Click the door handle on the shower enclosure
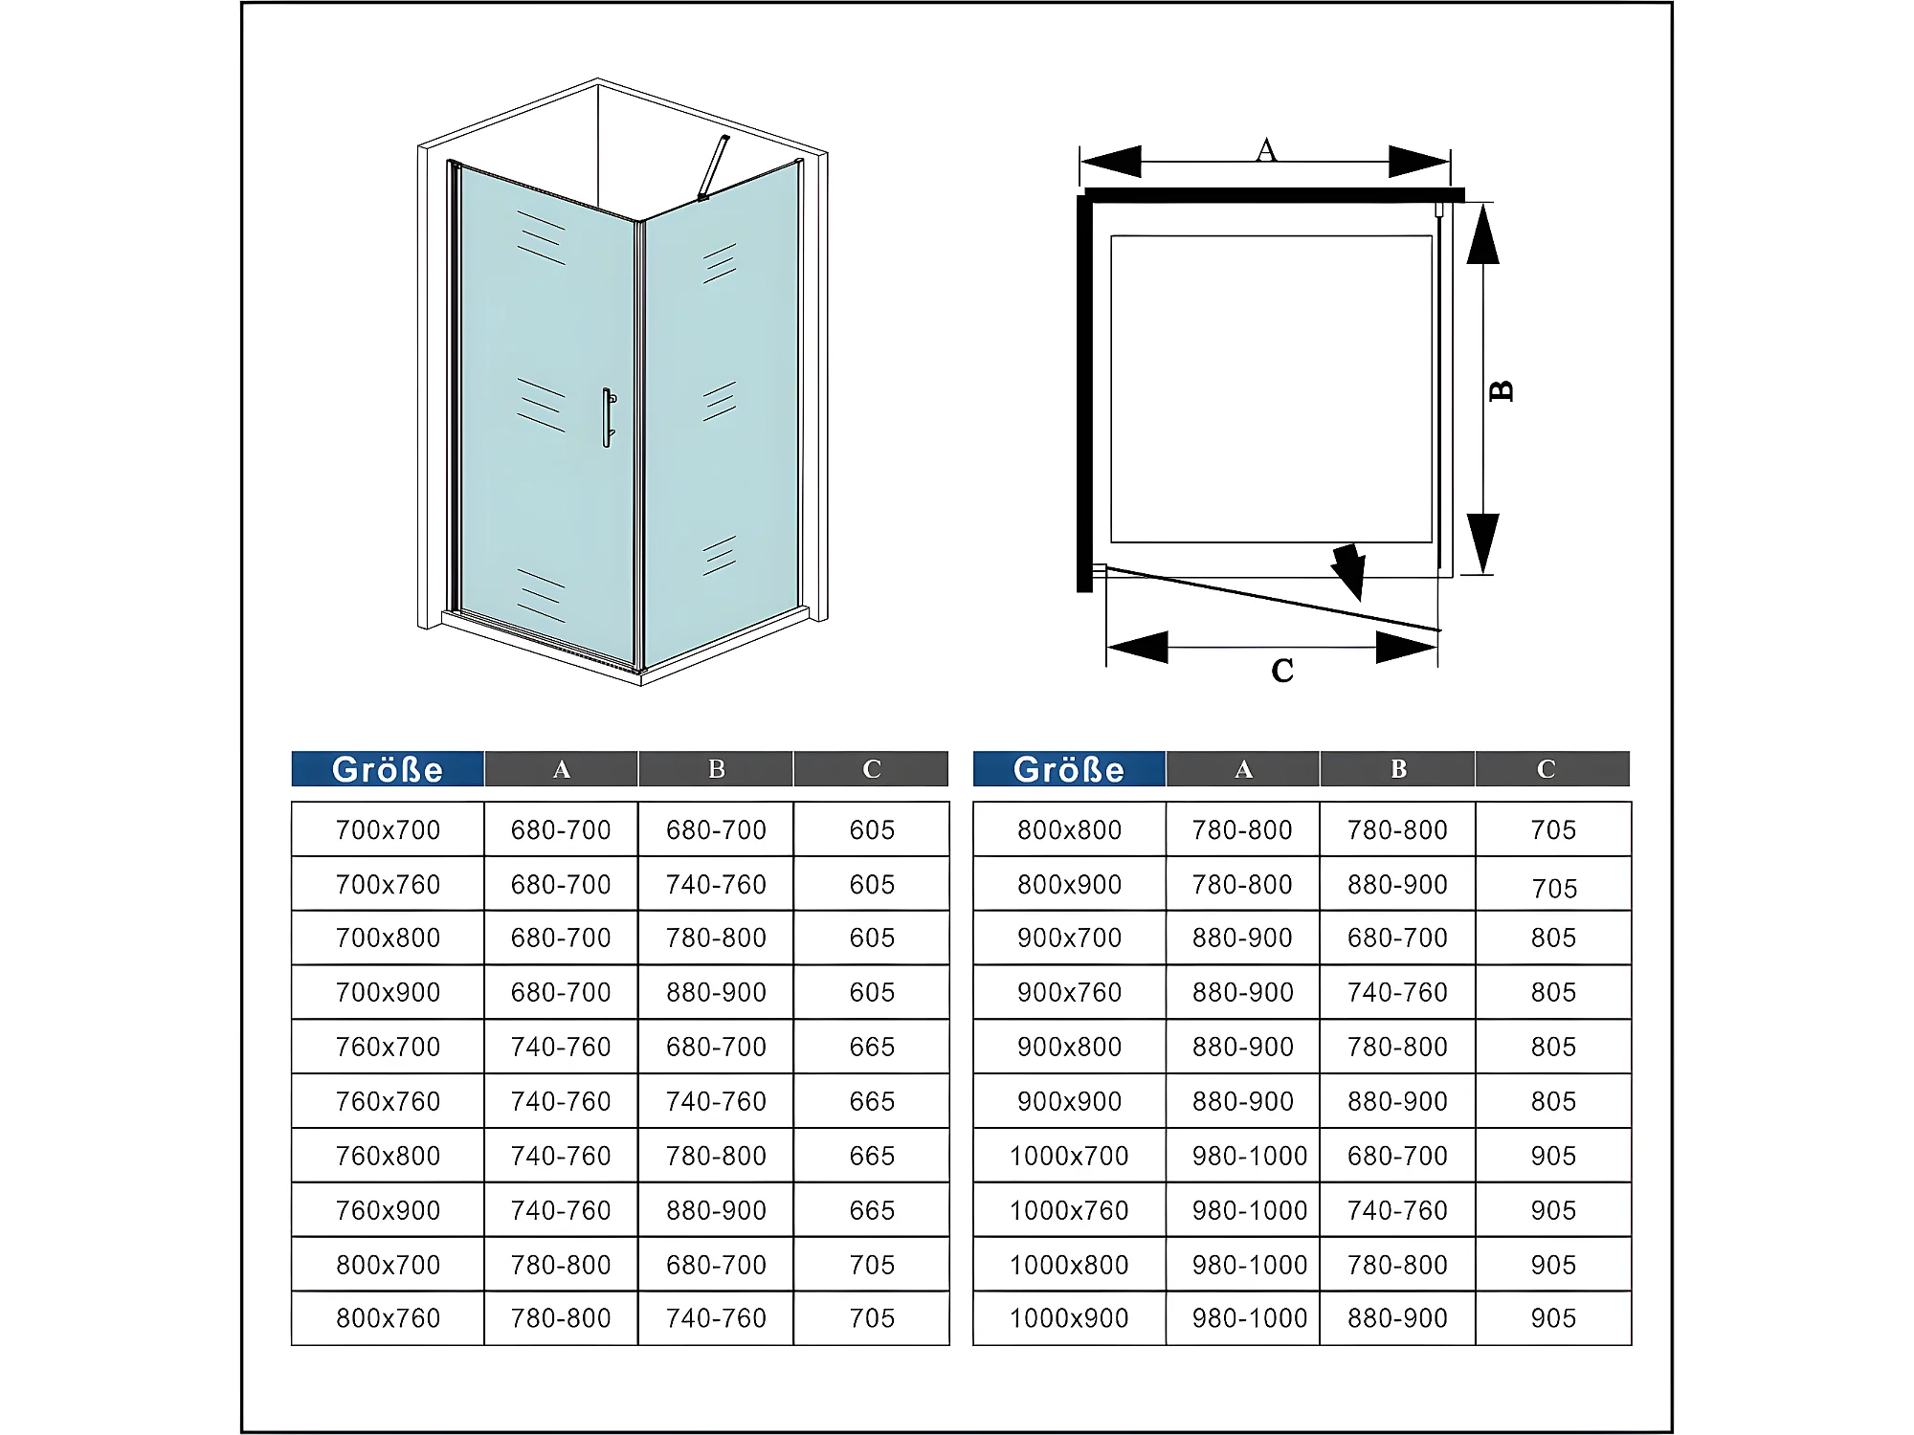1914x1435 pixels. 608,417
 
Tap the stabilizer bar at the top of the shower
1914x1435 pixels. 713,168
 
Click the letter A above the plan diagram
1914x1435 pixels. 1266,150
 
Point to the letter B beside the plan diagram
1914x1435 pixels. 1502,390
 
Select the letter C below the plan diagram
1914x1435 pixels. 1282,671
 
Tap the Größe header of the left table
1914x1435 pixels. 388,769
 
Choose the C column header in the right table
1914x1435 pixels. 1546,769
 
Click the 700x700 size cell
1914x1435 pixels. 388,829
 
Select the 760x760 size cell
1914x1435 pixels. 388,1101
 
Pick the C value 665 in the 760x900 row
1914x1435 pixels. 872,1210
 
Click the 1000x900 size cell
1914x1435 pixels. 1069,1318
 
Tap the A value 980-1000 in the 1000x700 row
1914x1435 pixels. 1250,1156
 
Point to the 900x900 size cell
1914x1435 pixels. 1069,1101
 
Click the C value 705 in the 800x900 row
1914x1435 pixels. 1554,889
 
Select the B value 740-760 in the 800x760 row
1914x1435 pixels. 716,1318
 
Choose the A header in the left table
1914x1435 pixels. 562,769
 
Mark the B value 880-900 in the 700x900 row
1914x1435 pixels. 716,992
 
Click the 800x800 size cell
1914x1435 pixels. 1069,829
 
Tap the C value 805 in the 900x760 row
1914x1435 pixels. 1553,992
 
